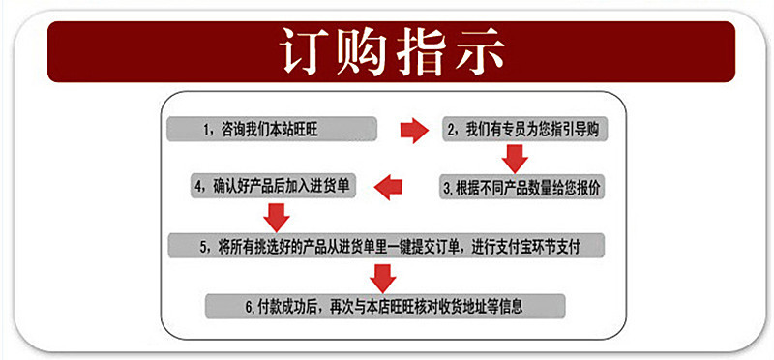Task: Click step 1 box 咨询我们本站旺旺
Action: point(270,129)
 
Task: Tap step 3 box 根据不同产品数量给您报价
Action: point(523,187)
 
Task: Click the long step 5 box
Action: point(387,246)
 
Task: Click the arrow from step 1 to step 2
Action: point(413,130)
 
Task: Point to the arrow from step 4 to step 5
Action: point(277,215)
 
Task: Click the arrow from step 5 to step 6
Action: point(385,277)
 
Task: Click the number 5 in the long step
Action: point(205,246)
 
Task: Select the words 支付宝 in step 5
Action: point(533,246)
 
